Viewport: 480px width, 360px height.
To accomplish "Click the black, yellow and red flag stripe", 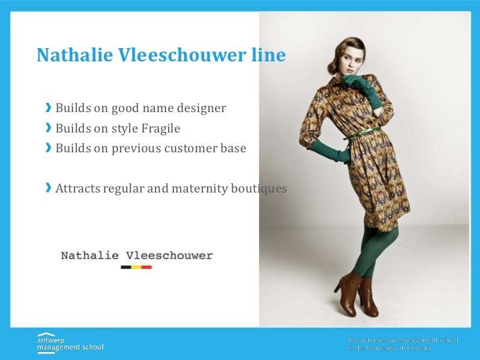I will pyautogui.click(x=136, y=267).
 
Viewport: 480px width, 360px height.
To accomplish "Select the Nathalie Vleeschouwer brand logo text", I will pyautogui.click(x=136, y=255).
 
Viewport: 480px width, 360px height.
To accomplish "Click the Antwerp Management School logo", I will pyautogui.click(x=70, y=342).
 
